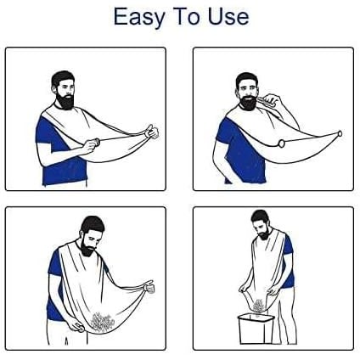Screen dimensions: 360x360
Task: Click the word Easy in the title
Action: [139, 17]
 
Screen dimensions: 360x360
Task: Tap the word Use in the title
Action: [228, 16]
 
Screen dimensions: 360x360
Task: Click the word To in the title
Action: [187, 16]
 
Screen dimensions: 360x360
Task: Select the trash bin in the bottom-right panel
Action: [256, 329]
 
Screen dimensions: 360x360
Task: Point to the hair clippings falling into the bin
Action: [258, 306]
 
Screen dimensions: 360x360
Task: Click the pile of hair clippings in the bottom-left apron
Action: [102, 322]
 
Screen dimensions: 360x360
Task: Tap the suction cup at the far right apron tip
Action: [340, 133]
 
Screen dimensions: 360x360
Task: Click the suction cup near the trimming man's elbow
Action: [281, 143]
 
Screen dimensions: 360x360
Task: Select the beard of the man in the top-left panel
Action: [65, 99]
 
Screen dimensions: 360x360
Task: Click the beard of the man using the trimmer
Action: [248, 103]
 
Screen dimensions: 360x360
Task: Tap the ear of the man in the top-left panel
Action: [54, 89]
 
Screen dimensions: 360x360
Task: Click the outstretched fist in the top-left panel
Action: [151, 132]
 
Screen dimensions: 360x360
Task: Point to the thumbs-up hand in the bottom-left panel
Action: [149, 286]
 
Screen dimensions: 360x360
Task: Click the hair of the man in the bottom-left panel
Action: [93, 224]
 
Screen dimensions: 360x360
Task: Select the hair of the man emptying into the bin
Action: [259, 216]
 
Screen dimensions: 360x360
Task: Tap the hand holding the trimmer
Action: [273, 99]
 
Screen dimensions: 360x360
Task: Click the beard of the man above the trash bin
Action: [264, 234]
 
